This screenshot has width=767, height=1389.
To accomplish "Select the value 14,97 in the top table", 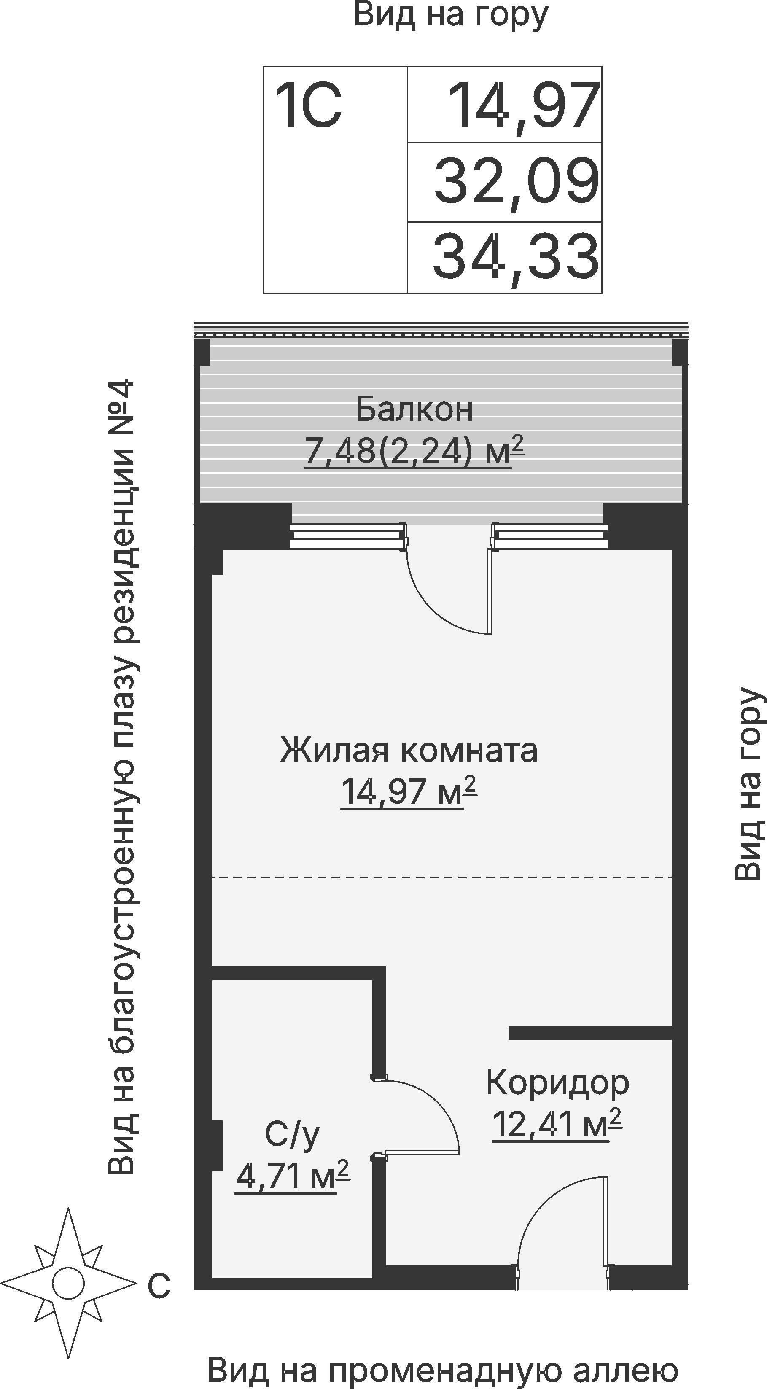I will [523, 106].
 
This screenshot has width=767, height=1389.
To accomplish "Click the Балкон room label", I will [414, 410].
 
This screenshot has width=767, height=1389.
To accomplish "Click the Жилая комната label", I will [409, 751].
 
